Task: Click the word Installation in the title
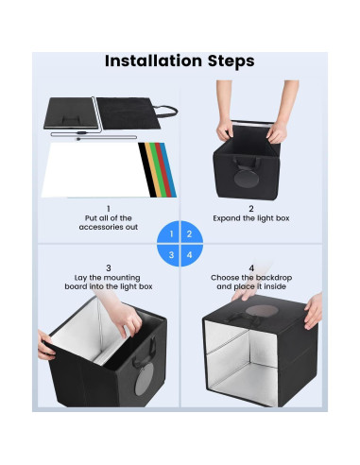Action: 150,61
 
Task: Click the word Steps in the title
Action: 228,61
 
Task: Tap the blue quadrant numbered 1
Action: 170,233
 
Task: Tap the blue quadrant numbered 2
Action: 189,233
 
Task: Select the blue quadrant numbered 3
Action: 170,253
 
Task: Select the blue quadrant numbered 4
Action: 189,253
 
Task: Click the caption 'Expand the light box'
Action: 251,218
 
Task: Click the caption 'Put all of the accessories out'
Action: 108,223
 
